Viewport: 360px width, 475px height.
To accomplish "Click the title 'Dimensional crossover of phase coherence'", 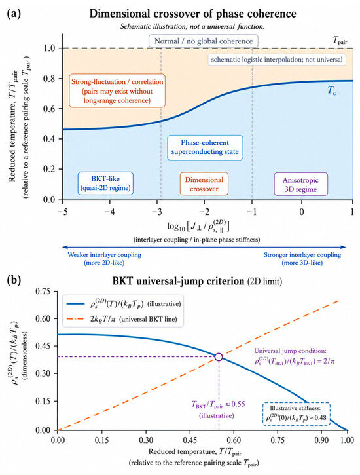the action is (x=192, y=14).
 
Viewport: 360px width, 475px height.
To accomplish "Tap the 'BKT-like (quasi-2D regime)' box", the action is (x=105, y=183).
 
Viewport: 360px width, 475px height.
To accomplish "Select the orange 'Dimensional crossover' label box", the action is (x=204, y=184).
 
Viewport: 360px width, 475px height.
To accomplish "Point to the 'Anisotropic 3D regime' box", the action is (x=300, y=184).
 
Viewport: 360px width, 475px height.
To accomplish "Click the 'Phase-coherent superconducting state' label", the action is (x=205, y=147).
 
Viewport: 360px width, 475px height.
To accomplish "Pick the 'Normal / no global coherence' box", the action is (x=204, y=41).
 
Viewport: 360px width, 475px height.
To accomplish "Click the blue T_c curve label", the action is (x=332, y=90).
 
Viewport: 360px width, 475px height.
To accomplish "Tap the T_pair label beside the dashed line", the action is (x=340, y=40).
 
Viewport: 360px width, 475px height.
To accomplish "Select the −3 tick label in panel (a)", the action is (x=157, y=212).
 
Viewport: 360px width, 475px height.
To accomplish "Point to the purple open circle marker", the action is (x=219, y=357).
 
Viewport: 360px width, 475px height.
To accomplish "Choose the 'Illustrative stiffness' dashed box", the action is (x=296, y=413).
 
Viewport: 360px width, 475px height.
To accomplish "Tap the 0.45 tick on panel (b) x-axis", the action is (x=190, y=440).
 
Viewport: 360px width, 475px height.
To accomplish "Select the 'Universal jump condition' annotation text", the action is (x=295, y=356).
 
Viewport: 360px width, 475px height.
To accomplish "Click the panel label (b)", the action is (x=14, y=280).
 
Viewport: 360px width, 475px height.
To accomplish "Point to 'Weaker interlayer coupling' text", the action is (x=104, y=255).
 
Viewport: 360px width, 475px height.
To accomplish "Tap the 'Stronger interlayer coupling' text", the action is (x=302, y=255).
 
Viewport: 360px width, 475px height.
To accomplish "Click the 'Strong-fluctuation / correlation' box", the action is (x=117, y=90).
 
